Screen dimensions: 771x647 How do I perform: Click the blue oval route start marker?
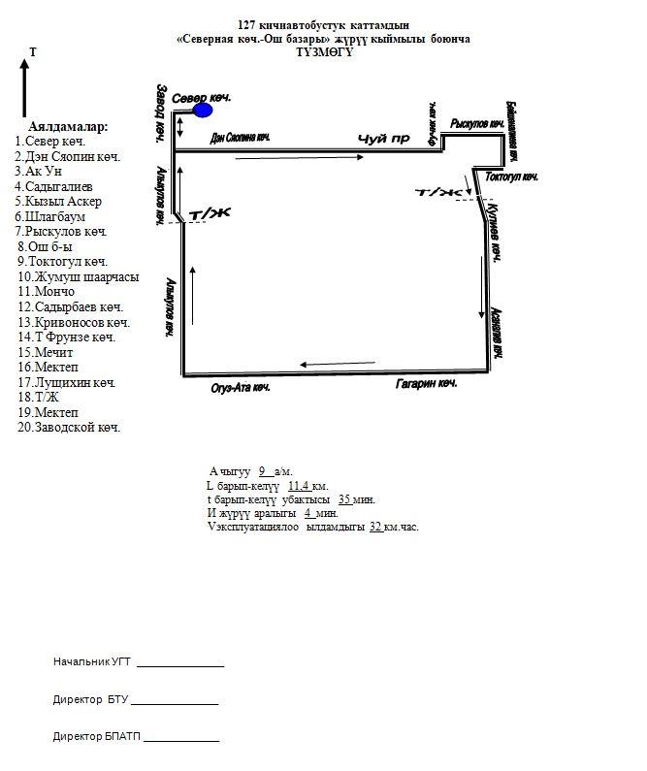tap(203, 110)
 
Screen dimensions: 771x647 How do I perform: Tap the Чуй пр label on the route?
tap(383, 139)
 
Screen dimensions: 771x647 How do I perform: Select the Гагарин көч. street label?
tap(426, 385)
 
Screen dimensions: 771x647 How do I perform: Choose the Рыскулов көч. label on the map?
tap(477, 124)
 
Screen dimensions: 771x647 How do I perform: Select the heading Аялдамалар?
tap(68, 127)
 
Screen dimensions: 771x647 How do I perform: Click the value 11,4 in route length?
tap(299, 485)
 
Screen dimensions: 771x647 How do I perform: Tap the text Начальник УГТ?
tap(92, 661)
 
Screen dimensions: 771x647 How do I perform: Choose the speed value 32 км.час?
tap(374, 527)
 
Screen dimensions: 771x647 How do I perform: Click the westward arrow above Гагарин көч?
tap(324, 365)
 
